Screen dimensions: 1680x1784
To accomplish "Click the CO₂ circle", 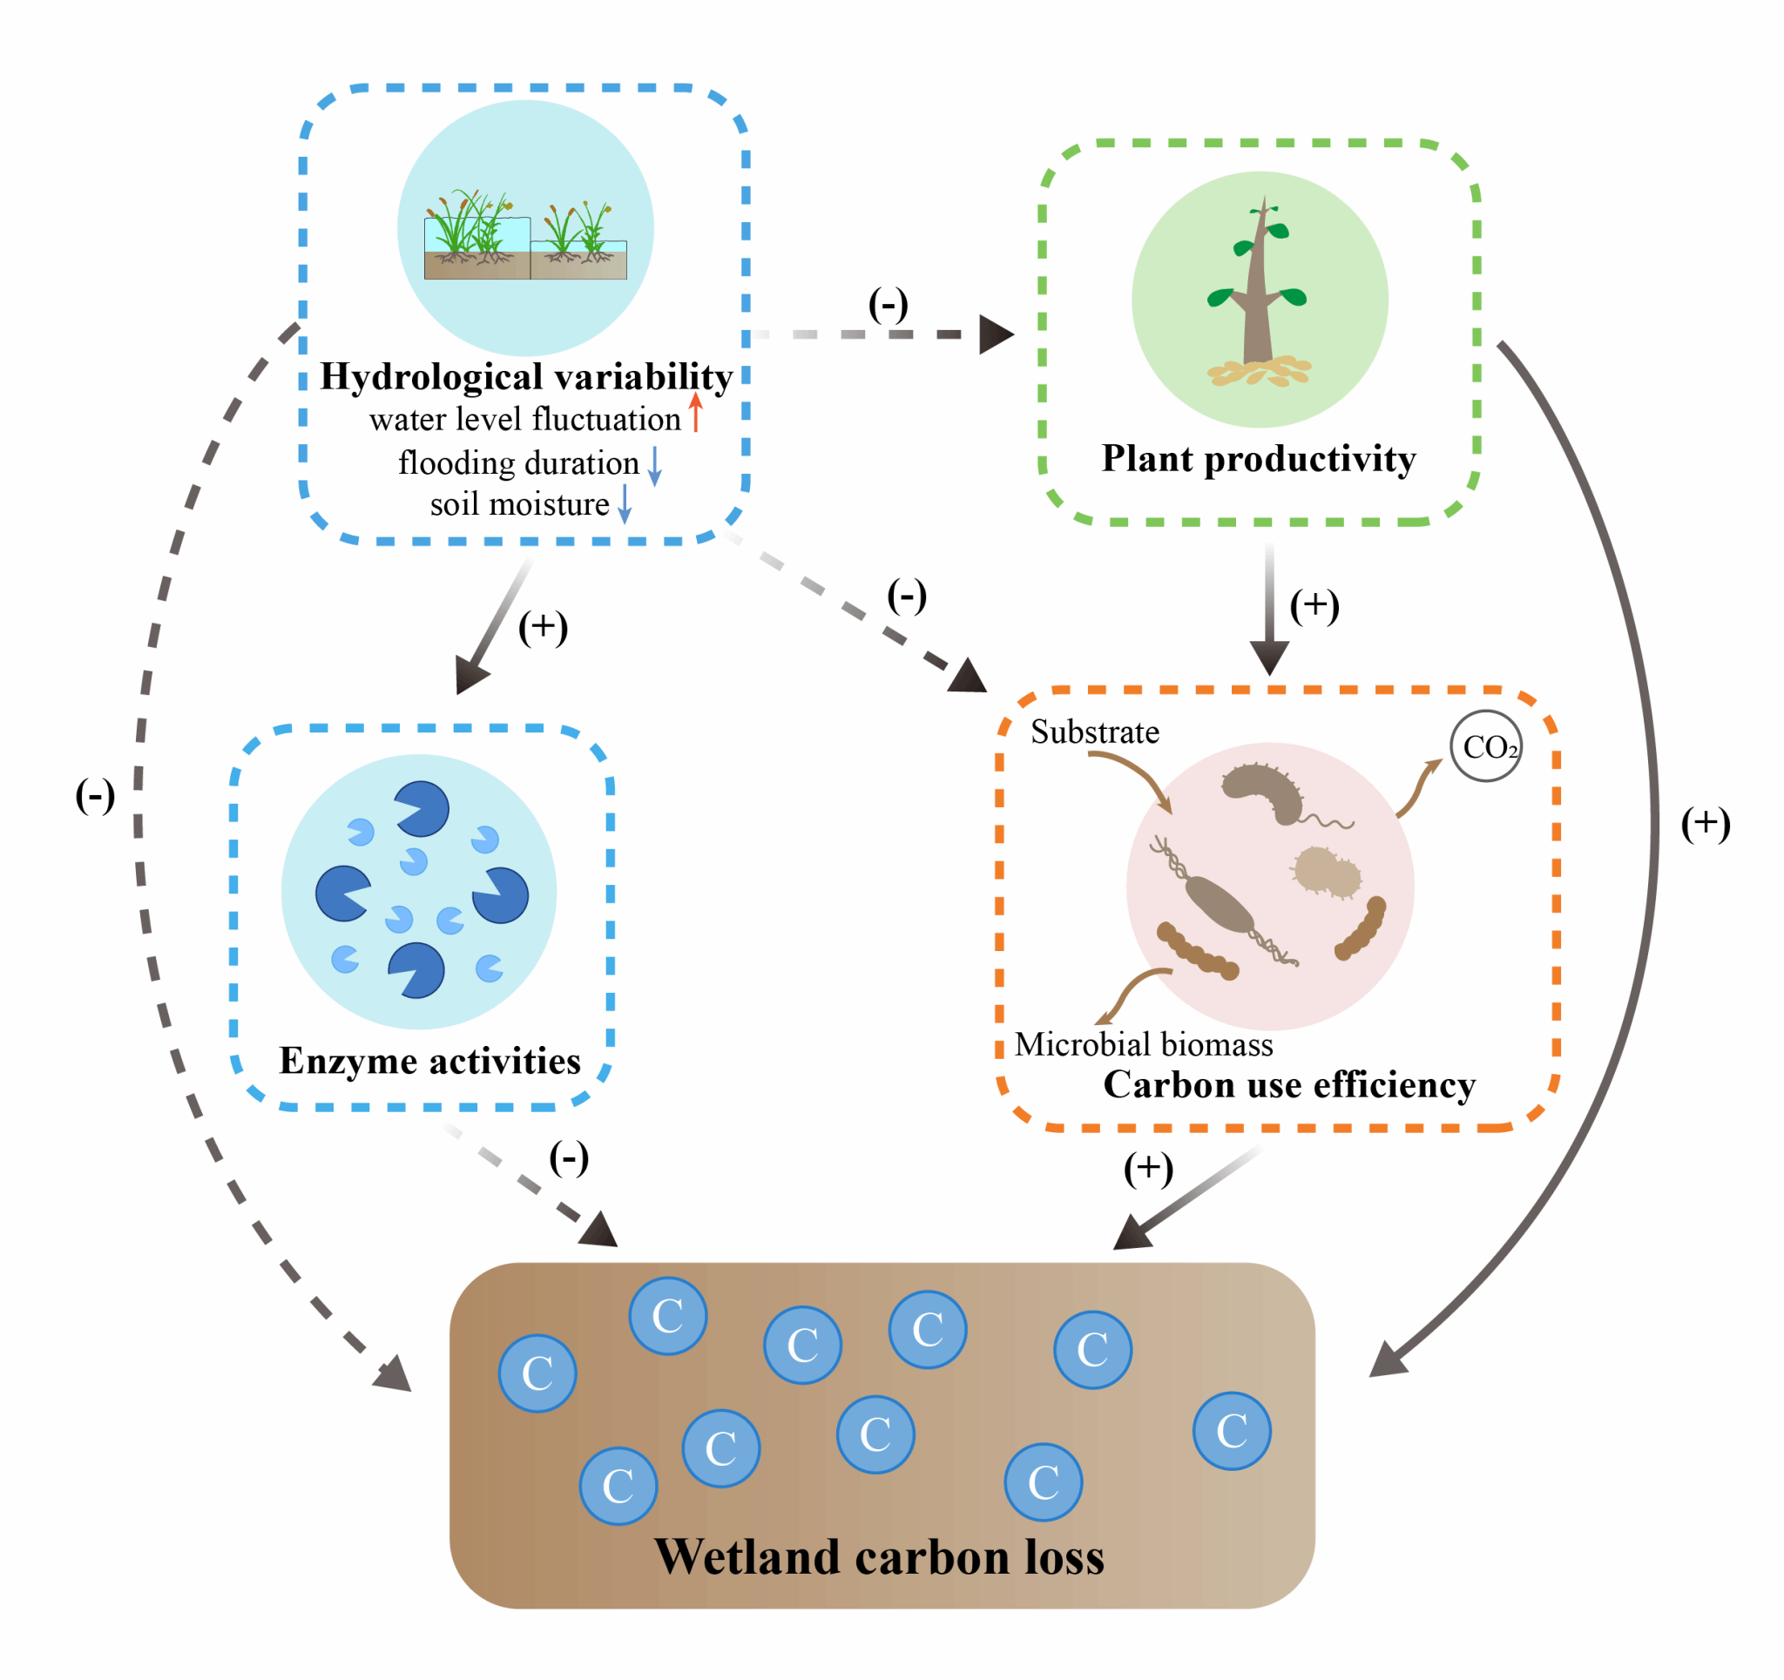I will click(1485, 746).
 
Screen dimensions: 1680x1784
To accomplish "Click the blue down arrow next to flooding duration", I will click(655, 465).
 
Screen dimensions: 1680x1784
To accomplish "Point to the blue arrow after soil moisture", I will click(625, 504).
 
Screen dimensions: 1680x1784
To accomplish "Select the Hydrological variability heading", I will click(527, 377).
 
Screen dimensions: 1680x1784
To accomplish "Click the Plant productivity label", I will click(1258, 459).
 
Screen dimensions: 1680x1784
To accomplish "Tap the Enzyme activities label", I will click(429, 1061).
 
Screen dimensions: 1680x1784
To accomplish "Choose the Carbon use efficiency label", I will click(1288, 1085).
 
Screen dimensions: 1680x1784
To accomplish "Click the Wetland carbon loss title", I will click(879, 1557).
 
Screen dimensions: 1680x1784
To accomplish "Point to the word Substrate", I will click(1094, 732).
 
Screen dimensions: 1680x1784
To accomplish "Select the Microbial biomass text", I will click(1143, 1044).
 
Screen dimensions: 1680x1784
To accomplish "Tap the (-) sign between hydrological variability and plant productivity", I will click(888, 305).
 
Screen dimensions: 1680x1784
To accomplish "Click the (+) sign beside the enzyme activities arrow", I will click(543, 627).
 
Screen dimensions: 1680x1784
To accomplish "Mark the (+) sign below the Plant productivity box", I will click(1314, 606).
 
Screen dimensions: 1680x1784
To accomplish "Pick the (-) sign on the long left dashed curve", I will click(95, 796).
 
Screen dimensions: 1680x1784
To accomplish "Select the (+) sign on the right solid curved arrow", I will click(1705, 824).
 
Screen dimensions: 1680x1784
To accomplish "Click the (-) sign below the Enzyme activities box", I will click(569, 1157).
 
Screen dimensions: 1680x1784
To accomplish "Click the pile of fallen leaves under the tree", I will click(1258, 371).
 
